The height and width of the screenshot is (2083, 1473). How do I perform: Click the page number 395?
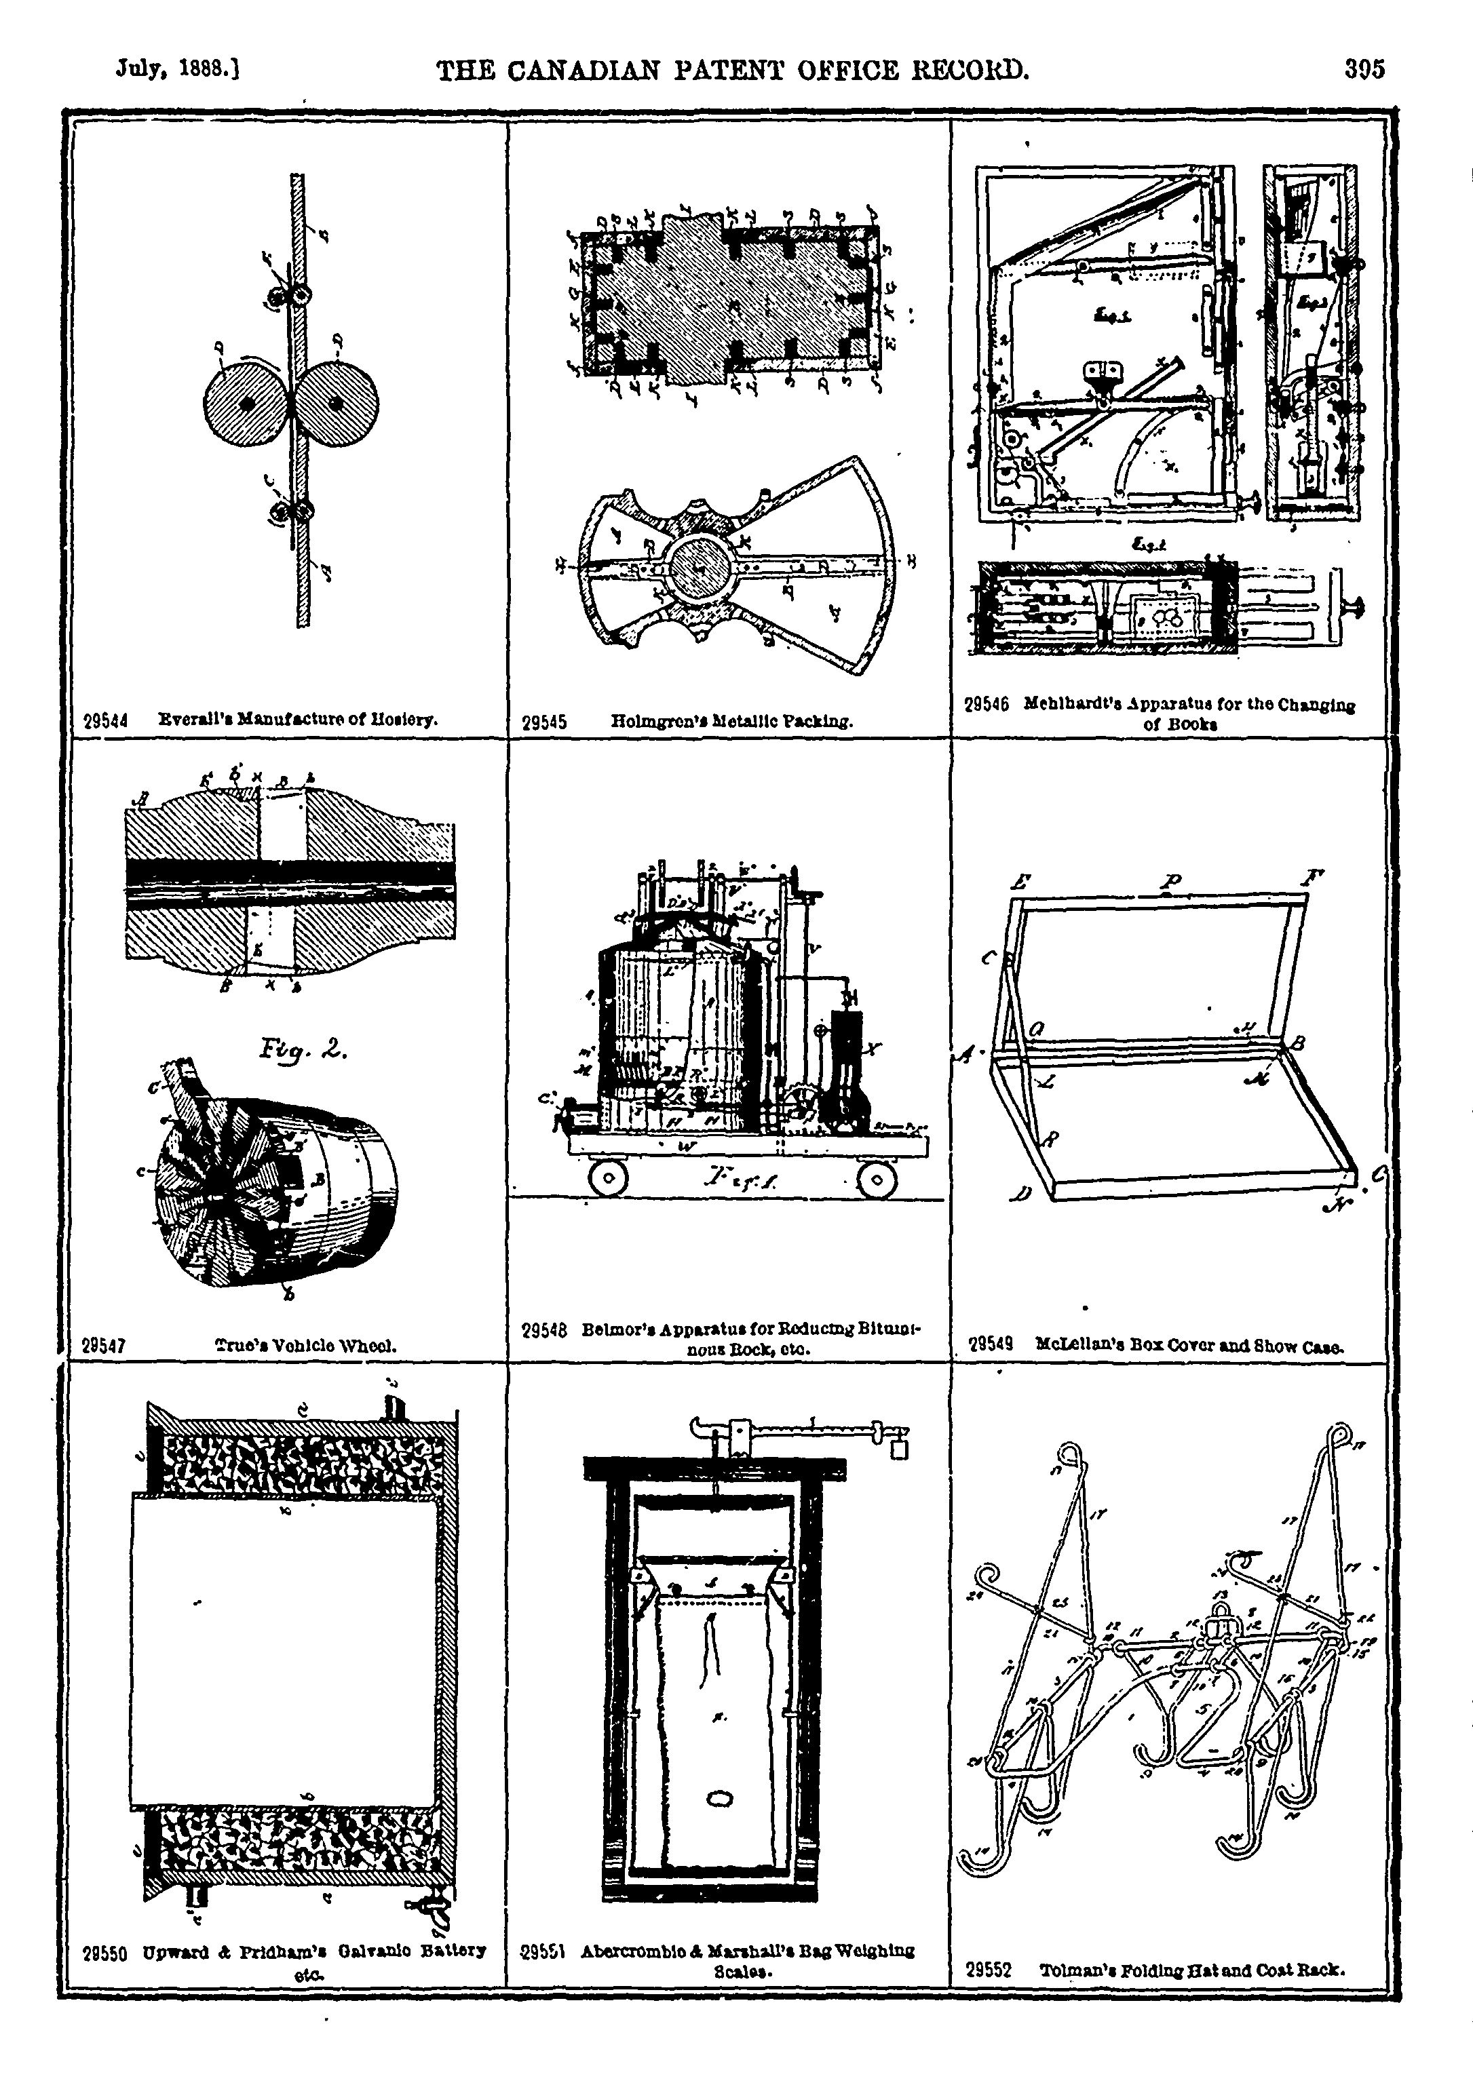tap(1365, 70)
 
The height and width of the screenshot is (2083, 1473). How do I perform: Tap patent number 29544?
tap(105, 721)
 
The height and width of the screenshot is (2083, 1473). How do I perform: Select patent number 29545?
tap(545, 723)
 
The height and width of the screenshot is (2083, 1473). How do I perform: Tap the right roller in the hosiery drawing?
tap(337, 403)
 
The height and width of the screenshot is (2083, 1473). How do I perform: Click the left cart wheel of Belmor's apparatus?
tap(608, 1178)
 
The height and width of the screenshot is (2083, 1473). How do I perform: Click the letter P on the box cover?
tap(1174, 881)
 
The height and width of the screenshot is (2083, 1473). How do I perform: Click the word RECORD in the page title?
tap(964, 70)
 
